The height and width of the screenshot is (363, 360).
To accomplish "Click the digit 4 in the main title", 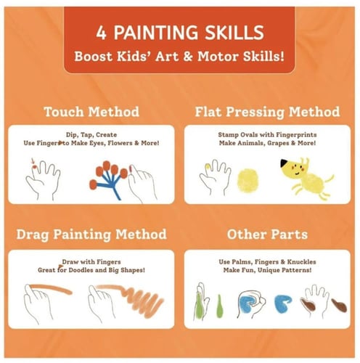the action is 101,33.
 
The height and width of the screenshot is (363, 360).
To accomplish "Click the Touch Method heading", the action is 91,112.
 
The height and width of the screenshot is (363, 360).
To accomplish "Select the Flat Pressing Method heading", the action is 267,113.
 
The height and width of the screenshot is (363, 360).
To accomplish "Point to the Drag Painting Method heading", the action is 91,234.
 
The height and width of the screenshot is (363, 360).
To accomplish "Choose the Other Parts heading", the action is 267,234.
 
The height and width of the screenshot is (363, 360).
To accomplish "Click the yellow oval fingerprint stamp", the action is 247,181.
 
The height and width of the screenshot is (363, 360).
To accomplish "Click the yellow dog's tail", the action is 329,179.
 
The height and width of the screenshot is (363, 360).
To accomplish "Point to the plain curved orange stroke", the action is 51,289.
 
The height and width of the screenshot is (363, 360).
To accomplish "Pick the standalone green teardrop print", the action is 219,306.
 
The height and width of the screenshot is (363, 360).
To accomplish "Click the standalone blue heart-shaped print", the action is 283,304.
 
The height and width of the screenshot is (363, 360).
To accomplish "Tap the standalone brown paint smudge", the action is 339,306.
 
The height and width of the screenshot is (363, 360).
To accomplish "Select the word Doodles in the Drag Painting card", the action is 81,270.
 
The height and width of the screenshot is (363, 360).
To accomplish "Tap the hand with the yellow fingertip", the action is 215,176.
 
